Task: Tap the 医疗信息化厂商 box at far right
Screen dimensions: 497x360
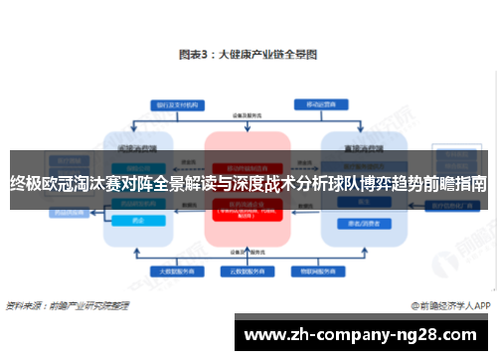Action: pos(459,205)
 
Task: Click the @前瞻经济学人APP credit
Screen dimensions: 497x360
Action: pos(452,305)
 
